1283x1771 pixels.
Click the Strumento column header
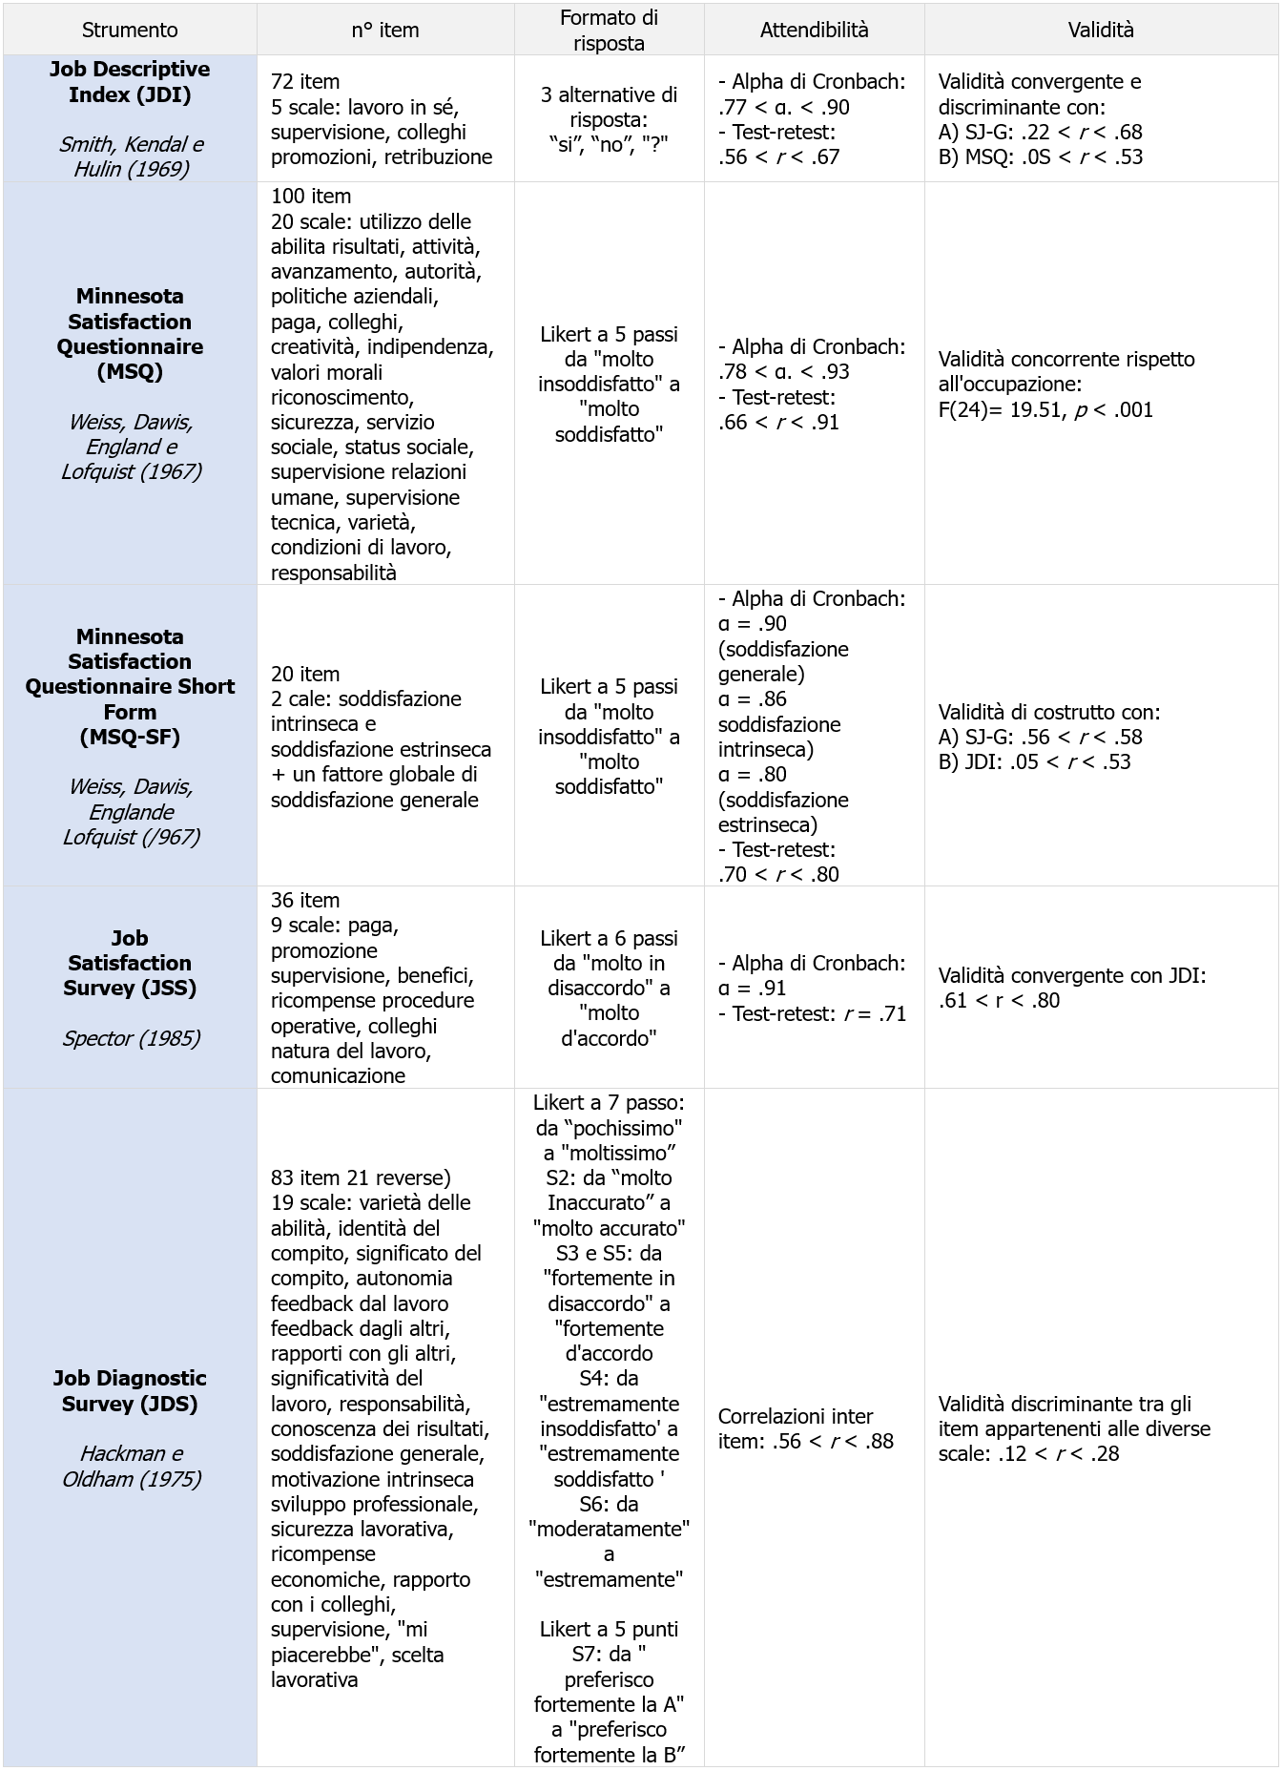[x=130, y=30]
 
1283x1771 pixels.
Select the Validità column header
[x=1101, y=30]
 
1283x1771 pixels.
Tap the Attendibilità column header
[x=814, y=30]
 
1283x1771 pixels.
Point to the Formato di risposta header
[x=609, y=30]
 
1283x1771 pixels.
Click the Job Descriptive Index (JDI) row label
[x=130, y=82]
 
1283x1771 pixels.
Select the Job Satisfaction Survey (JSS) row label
[x=130, y=963]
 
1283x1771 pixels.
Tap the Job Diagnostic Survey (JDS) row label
[x=130, y=1390]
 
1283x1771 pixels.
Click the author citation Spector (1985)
[x=131, y=1038]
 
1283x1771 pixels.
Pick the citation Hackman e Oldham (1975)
[x=131, y=1466]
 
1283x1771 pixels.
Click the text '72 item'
[x=305, y=82]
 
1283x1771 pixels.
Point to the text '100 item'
[x=311, y=196]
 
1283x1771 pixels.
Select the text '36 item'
[x=305, y=900]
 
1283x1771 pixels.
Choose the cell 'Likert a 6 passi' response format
[x=609, y=938]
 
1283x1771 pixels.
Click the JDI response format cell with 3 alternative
[x=609, y=119]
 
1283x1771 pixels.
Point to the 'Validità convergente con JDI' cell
[x=1072, y=975]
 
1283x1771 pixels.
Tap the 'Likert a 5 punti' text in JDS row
[x=609, y=1629]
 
